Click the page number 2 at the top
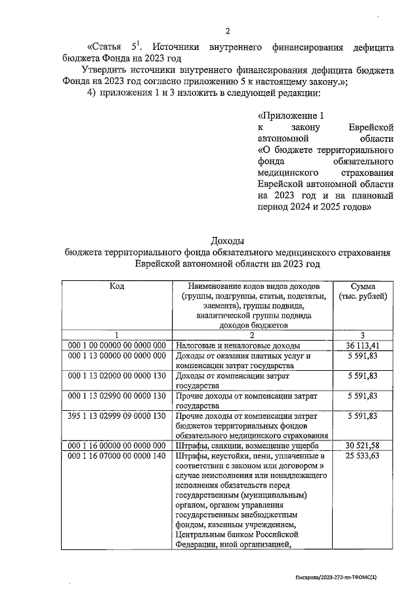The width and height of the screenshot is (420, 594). (228, 31)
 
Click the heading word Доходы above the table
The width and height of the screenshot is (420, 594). (228, 240)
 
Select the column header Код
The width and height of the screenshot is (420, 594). (117, 286)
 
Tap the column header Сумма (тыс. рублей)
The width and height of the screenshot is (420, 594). (363, 291)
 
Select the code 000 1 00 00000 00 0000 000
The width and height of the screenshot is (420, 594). (117, 345)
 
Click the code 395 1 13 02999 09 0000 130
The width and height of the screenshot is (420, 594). (117, 416)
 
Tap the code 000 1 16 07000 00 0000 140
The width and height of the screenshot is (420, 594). (117, 456)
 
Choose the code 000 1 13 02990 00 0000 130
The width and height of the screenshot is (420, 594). (117, 396)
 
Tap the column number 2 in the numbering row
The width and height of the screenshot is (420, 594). (252, 335)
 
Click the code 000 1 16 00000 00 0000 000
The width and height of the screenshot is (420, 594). (117, 446)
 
